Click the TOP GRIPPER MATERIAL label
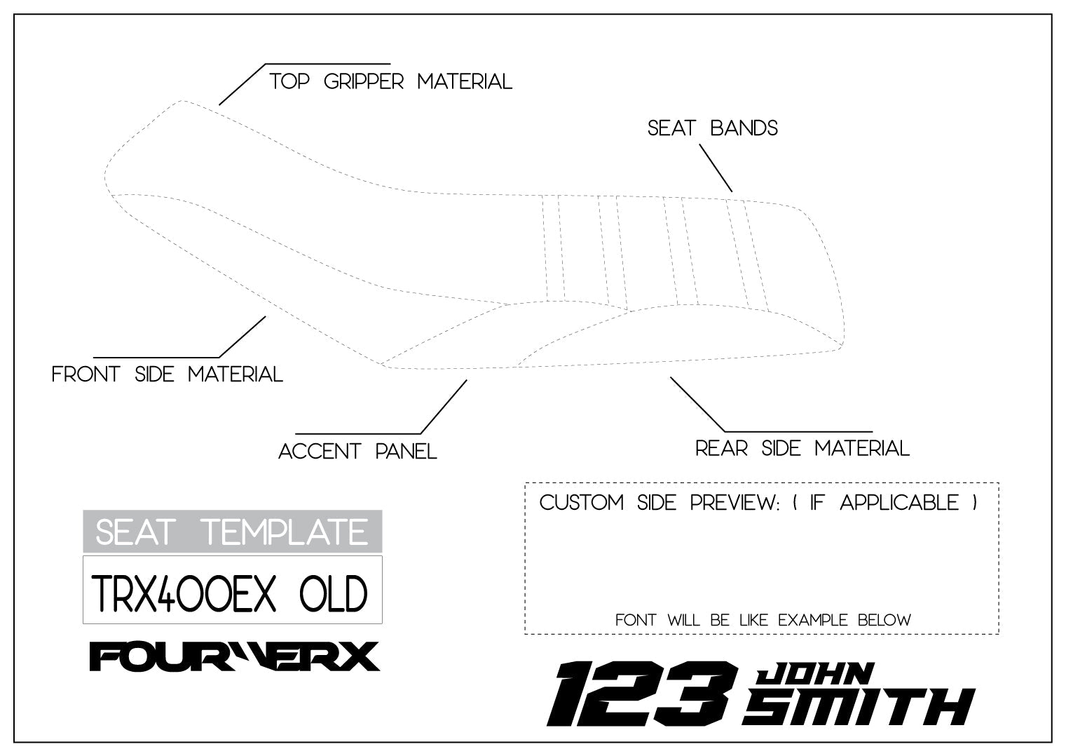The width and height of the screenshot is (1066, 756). (x=391, y=81)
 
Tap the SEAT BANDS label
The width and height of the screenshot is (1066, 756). (x=712, y=128)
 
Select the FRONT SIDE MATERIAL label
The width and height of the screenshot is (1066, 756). (x=168, y=374)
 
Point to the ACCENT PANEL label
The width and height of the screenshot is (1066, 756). (x=357, y=451)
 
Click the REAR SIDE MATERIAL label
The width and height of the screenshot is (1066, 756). (x=802, y=448)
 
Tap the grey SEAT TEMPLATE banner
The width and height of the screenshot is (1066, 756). (x=232, y=532)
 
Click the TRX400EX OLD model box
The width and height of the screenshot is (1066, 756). (x=232, y=590)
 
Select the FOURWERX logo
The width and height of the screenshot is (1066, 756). (x=234, y=657)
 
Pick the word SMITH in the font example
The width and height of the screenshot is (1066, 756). (x=859, y=706)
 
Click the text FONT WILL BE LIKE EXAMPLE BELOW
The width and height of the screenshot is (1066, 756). (x=763, y=620)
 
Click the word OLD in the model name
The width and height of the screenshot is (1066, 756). (x=333, y=595)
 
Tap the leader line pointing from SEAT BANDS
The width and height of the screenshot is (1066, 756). (x=716, y=168)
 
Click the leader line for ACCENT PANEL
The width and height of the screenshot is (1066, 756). (x=444, y=406)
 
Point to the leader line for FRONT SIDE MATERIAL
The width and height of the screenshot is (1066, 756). (x=242, y=337)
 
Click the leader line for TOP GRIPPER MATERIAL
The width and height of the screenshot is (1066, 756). (x=242, y=84)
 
